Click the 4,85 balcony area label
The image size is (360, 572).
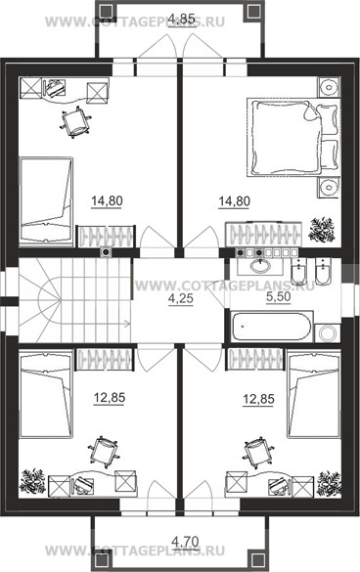(x=183, y=19)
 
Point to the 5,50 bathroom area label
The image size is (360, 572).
(x=278, y=296)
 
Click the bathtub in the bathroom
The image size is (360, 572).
(x=272, y=326)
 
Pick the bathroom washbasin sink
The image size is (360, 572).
(x=260, y=266)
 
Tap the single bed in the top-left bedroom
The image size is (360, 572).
(x=46, y=200)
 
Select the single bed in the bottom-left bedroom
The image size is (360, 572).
(x=46, y=394)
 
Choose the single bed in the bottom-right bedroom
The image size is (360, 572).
(x=314, y=394)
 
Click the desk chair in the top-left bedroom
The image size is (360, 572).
(x=75, y=122)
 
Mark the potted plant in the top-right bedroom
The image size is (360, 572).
(x=322, y=230)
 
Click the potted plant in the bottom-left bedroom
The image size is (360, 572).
(x=32, y=481)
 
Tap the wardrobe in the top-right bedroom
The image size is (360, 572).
(x=263, y=235)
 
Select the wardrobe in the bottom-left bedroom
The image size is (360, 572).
(x=105, y=360)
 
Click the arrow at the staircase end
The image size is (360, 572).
(x=126, y=323)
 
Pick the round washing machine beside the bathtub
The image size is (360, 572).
(x=328, y=333)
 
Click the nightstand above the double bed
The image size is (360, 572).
(x=329, y=87)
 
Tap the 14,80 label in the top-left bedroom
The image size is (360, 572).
(x=107, y=201)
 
